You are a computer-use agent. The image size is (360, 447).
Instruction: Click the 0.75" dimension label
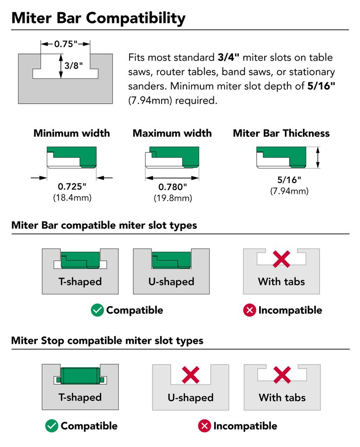click(x=66, y=44)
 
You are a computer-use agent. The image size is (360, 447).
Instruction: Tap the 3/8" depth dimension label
click(x=74, y=66)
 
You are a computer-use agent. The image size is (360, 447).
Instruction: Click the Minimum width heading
click(x=72, y=133)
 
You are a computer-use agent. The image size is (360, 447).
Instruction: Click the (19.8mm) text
click(x=172, y=198)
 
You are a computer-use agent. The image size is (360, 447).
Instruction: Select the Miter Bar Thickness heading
click(x=281, y=133)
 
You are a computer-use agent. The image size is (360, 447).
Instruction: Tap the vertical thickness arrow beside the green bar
click(x=318, y=158)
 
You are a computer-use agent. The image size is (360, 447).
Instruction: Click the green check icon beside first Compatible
click(x=97, y=310)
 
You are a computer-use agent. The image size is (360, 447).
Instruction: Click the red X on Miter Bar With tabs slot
click(x=281, y=259)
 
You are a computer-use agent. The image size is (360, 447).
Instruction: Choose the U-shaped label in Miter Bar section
click(x=171, y=282)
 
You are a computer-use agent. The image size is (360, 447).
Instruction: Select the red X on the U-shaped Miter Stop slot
click(x=190, y=375)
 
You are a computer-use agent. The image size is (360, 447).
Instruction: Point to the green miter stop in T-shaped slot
click(x=80, y=375)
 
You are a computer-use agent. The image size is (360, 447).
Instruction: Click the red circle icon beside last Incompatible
click(x=205, y=426)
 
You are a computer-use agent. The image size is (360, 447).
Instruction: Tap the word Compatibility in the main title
click(x=135, y=18)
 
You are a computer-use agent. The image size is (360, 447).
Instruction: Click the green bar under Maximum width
click(x=172, y=153)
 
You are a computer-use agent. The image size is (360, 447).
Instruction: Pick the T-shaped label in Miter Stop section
click(x=80, y=397)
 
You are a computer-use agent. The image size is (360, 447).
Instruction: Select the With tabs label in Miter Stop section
click(x=282, y=397)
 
